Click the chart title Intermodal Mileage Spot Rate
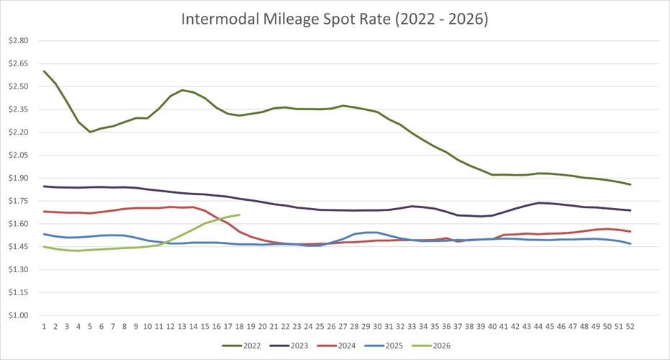pos(335,19)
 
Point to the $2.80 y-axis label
pos(17,41)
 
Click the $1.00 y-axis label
pos(17,315)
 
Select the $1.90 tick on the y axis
pos(17,178)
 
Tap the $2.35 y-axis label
pos(17,109)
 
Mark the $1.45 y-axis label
pos(17,247)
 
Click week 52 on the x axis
pos(630,326)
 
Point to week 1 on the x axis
pos(44,326)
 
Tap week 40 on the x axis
pos(492,326)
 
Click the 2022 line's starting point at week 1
pos(44,71)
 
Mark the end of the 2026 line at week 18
pos(239,215)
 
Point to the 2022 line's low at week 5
pos(90,132)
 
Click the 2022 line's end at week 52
pos(630,184)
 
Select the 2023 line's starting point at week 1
pos(44,186)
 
